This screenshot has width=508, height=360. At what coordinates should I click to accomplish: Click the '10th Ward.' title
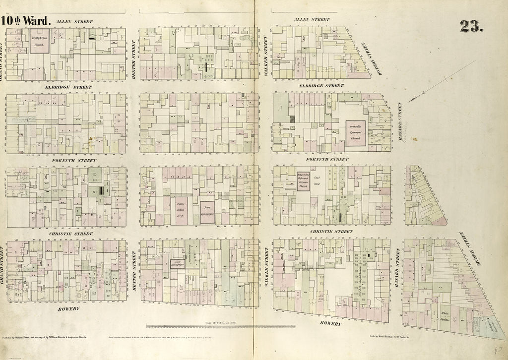click(x=26, y=21)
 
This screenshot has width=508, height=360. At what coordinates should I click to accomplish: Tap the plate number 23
click(x=472, y=26)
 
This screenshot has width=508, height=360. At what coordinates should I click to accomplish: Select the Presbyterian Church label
click(x=39, y=41)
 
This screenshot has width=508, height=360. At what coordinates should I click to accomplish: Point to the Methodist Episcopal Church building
click(x=356, y=133)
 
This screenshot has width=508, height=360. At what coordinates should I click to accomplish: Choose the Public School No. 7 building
click(x=181, y=211)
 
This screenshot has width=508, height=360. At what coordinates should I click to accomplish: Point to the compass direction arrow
click(x=442, y=82)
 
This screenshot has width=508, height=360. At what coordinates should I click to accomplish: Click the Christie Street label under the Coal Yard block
click(x=331, y=231)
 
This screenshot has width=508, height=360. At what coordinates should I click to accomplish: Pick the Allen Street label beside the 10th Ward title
click(x=71, y=22)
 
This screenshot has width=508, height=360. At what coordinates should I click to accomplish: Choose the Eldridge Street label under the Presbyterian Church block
click(x=71, y=87)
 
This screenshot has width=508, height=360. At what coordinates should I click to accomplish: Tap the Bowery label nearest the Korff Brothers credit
click(x=330, y=323)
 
